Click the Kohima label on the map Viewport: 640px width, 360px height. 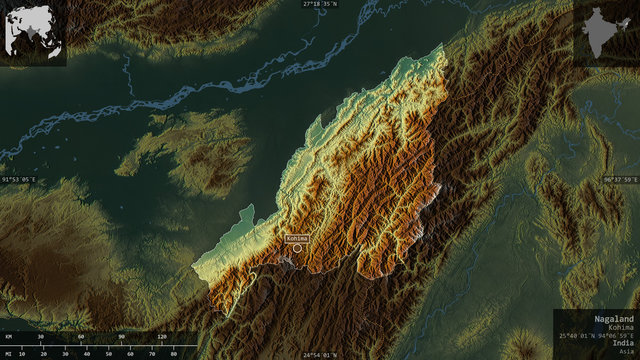[297, 238]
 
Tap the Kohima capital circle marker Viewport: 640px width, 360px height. [297, 249]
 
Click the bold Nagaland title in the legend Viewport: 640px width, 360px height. [612, 317]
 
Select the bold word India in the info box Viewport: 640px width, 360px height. [620, 342]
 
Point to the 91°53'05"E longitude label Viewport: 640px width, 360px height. [19, 180]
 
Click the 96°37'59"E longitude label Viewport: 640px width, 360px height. [620, 180]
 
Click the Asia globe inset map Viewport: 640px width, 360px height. [35, 33]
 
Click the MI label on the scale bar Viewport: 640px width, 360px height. [8, 354]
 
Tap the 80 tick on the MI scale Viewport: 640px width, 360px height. [171, 354]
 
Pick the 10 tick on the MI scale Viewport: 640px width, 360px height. [22, 354]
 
